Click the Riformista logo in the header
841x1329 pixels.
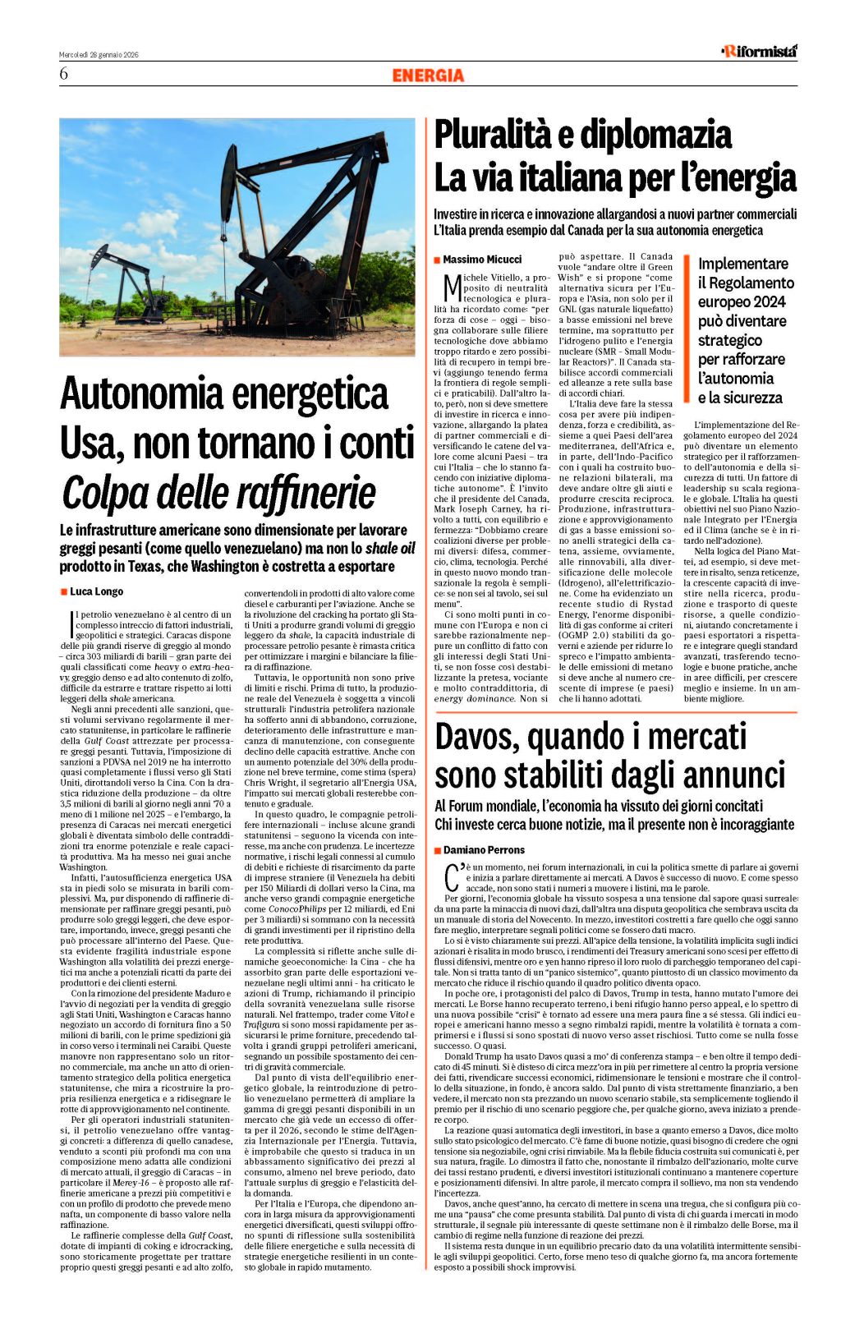point(759,51)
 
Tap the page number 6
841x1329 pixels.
point(63,74)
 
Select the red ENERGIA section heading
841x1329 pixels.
point(428,76)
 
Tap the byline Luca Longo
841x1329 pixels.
point(96,591)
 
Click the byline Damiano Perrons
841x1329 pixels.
point(484,850)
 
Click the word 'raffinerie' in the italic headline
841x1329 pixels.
point(295,493)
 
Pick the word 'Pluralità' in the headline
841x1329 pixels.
point(500,135)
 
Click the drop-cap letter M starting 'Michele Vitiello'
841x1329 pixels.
point(451,287)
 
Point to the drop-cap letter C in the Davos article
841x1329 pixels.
point(449,877)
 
